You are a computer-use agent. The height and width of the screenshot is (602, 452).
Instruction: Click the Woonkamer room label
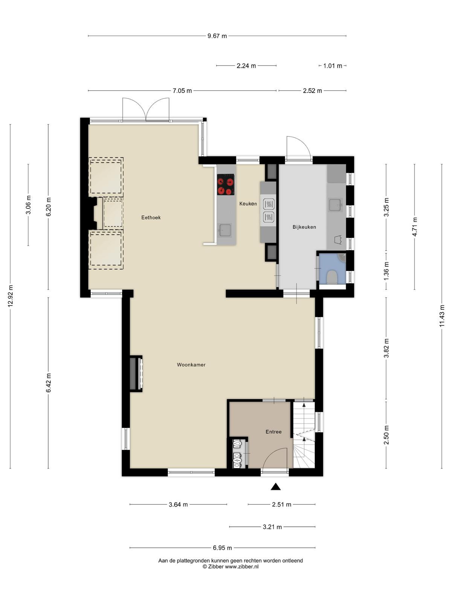(x=191, y=365)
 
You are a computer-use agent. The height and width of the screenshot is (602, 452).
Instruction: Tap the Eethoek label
(x=151, y=217)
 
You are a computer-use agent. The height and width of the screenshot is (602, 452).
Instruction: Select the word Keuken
(x=248, y=204)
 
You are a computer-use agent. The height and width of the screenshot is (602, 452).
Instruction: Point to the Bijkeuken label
(x=304, y=227)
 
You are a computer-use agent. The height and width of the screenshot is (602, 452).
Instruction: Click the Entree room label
(x=273, y=432)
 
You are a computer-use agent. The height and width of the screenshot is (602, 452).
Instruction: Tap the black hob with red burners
(x=226, y=185)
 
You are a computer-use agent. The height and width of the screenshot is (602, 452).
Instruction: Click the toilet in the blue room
(x=332, y=277)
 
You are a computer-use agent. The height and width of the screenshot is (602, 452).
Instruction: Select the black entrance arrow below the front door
(x=276, y=487)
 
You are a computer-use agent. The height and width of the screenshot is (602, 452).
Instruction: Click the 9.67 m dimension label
(x=217, y=36)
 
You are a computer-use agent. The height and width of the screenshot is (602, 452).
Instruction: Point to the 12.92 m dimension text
(x=11, y=296)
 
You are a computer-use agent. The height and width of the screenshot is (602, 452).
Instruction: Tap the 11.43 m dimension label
(x=441, y=316)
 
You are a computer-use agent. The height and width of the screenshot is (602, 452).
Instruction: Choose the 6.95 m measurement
(x=222, y=548)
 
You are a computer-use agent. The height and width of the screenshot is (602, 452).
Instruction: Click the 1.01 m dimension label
(x=333, y=66)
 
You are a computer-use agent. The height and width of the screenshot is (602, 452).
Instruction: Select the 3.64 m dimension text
(x=178, y=505)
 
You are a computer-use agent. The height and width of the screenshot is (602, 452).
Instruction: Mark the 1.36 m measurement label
(x=386, y=271)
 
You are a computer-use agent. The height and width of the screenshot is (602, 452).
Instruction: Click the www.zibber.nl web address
(x=242, y=567)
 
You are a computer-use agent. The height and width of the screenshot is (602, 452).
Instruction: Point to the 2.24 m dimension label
(x=246, y=66)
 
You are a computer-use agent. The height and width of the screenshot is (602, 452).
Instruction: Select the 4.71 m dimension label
(x=414, y=227)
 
